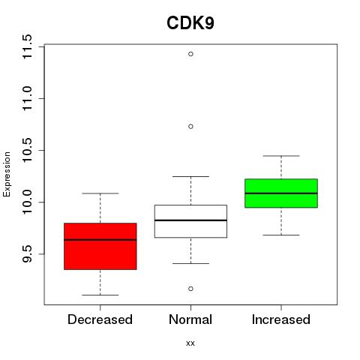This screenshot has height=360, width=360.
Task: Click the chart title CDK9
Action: pos(190,23)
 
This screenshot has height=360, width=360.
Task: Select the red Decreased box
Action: pos(100,246)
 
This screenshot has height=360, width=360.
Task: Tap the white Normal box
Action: pos(190,221)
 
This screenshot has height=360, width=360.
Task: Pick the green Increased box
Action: pos(281,193)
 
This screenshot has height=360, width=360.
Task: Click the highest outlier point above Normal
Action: pos(190,54)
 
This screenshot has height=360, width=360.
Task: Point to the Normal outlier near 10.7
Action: pos(190,127)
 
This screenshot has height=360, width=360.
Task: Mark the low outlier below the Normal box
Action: pos(190,289)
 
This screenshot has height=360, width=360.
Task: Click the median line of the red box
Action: pos(100,240)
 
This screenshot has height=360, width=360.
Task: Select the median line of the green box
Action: pos(281,193)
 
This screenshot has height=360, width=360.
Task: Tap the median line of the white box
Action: pos(190,220)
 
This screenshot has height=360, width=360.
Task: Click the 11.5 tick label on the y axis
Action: pos(27,46)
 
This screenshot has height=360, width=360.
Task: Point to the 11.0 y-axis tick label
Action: pos(27,98)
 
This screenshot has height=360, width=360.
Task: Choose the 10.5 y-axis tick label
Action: pos(27,150)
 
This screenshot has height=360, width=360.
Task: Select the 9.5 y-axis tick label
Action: pos(27,254)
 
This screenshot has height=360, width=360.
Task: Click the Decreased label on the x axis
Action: pos(100,319)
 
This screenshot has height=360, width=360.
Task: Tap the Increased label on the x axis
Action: pos(281,319)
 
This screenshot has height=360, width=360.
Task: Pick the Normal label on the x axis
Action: pos(190,319)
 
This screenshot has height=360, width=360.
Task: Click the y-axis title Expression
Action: pos(7,174)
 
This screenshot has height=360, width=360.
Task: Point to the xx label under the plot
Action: pos(190,343)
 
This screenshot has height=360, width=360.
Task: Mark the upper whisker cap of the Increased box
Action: pos(281,156)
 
